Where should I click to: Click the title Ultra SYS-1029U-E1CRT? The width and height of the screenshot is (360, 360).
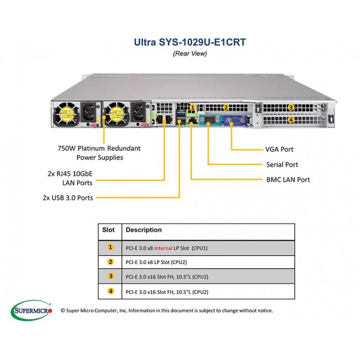tap(189, 42)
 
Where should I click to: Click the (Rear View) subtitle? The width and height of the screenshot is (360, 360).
tap(190, 54)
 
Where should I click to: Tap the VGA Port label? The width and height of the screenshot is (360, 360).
tap(279, 149)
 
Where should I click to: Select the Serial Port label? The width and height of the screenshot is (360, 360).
tap(282, 164)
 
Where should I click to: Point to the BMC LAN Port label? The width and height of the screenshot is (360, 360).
tap(288, 180)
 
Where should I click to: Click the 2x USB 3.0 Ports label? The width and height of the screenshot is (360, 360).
tap(68, 198)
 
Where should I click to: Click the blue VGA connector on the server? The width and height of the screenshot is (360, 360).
tap(234, 121)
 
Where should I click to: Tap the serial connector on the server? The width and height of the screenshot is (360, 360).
tap(208, 120)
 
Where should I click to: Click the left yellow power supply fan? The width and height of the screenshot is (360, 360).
tap(66, 114)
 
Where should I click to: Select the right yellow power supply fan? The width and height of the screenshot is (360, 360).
tap(117, 114)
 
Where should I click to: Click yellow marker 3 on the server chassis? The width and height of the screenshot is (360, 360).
tap(291, 107)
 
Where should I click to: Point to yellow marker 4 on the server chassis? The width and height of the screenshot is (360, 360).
tap(291, 120)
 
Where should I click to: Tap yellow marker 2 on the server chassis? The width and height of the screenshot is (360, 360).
tap(226, 107)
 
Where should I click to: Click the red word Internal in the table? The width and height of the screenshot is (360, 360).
tap(163, 248)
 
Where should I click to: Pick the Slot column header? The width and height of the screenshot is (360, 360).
tap(108, 230)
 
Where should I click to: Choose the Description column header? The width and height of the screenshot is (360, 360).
tap(144, 230)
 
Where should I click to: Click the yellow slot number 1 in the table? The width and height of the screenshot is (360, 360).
tap(110, 247)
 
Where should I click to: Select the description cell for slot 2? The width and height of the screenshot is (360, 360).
tap(208, 262)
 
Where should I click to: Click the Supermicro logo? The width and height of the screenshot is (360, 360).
tap(31, 310)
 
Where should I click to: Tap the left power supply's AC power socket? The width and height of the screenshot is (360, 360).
tap(88, 112)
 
